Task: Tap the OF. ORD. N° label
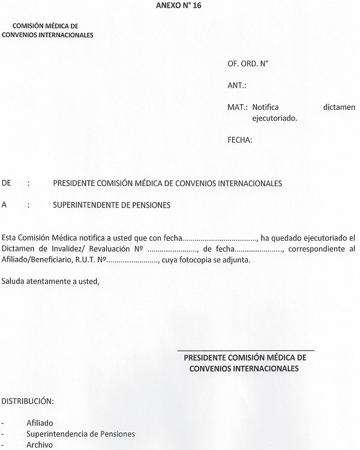[x=248, y=63]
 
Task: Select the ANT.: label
[x=237, y=85]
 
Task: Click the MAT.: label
[x=238, y=107]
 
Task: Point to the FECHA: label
[x=240, y=140]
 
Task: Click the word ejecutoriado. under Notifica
[x=275, y=118]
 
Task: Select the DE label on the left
[x=7, y=182]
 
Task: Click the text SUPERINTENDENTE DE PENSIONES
[x=112, y=205]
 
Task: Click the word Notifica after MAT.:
[x=266, y=107]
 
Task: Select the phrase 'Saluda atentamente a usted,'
[x=50, y=281]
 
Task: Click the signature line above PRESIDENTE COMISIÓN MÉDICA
[x=246, y=349]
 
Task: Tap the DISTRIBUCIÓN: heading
[x=28, y=400]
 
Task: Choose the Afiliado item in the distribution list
[x=40, y=422]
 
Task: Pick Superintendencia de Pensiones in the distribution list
[x=80, y=434]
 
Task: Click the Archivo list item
[x=40, y=445]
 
